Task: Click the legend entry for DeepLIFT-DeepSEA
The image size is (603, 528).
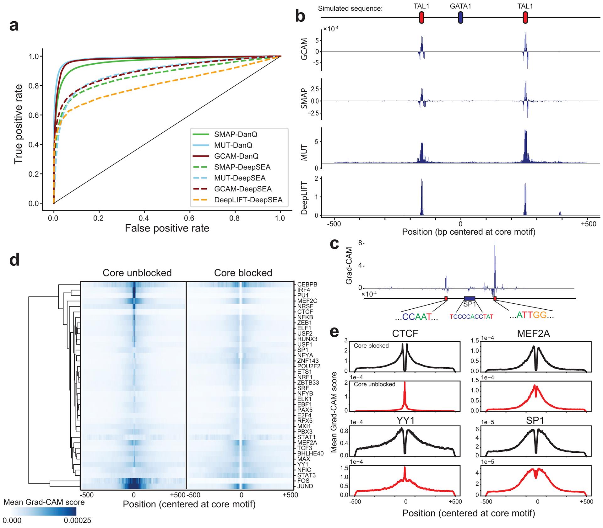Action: [x=248, y=200]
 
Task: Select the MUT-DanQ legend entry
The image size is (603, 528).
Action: [x=233, y=145]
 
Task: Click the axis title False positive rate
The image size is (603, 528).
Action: [x=167, y=228]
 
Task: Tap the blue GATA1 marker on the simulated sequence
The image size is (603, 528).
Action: [x=460, y=18]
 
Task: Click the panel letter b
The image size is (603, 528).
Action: [x=300, y=16]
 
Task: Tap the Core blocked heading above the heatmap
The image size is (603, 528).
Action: [x=243, y=273]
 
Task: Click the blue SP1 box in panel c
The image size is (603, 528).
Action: [x=470, y=298]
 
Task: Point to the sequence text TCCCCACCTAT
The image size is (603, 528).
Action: [x=471, y=317]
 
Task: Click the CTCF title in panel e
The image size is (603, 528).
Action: [x=405, y=333]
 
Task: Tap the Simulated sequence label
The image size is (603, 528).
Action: [x=350, y=8]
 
